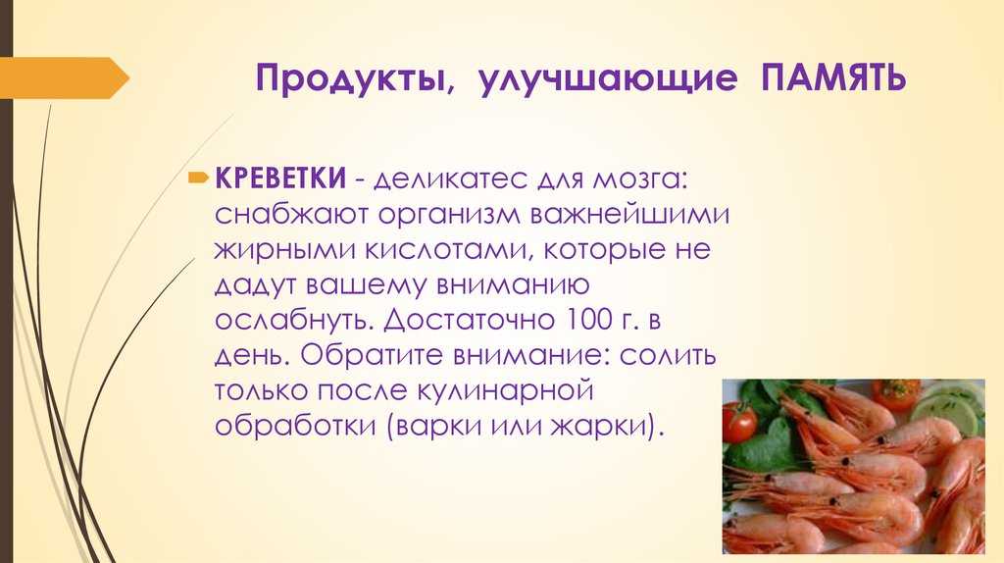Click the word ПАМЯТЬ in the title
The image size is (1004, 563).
[x=834, y=78]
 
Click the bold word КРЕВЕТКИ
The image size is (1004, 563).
[x=280, y=178]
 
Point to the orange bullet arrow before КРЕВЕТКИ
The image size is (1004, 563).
[x=198, y=176]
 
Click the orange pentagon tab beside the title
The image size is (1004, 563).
[x=64, y=77]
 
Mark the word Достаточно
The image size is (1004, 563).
[x=471, y=320]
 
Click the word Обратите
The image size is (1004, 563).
[x=372, y=355]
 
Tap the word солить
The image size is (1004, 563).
[x=667, y=355]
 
